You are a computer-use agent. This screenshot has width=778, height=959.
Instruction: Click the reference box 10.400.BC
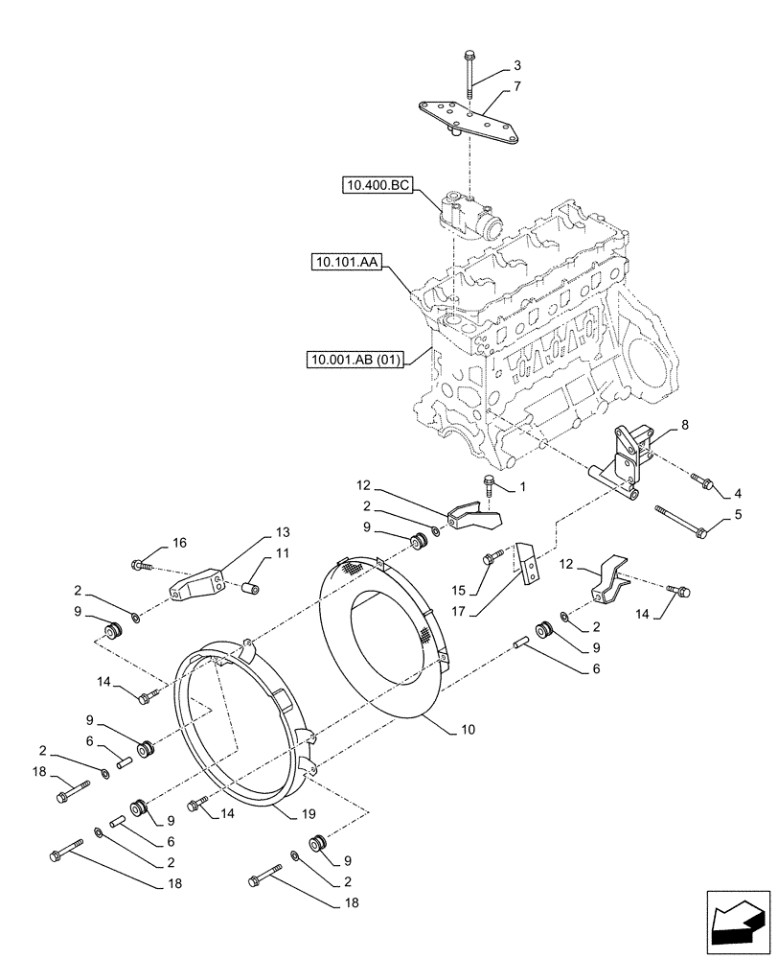[377, 185]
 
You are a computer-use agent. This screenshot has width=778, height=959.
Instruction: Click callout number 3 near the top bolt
[517, 66]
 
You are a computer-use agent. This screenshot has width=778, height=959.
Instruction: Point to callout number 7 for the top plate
[517, 86]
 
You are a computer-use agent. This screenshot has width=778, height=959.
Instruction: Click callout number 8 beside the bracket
[683, 424]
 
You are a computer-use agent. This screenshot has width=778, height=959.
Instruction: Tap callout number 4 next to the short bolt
[738, 494]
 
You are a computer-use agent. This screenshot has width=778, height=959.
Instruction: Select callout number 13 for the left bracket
[282, 532]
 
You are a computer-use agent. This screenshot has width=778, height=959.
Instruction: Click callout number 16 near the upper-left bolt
[179, 543]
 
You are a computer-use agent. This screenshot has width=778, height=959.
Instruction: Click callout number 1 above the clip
[522, 488]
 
